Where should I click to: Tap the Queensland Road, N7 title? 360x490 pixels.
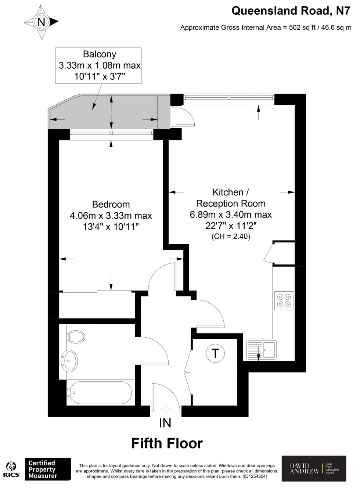(290, 11)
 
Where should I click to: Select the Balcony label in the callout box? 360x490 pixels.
(100, 54)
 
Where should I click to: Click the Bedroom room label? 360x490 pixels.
(111, 204)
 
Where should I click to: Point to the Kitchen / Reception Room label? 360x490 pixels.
(231, 198)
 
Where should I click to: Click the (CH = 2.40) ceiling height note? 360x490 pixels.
(231, 237)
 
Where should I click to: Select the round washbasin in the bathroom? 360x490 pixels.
(69, 359)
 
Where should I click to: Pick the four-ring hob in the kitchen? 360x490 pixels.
(284, 300)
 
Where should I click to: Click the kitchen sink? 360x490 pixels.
(261, 349)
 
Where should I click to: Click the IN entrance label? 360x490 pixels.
(165, 423)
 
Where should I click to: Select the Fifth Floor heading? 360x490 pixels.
(167, 443)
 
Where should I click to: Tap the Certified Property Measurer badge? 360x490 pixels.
(47, 469)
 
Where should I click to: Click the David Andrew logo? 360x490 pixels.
(314, 468)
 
